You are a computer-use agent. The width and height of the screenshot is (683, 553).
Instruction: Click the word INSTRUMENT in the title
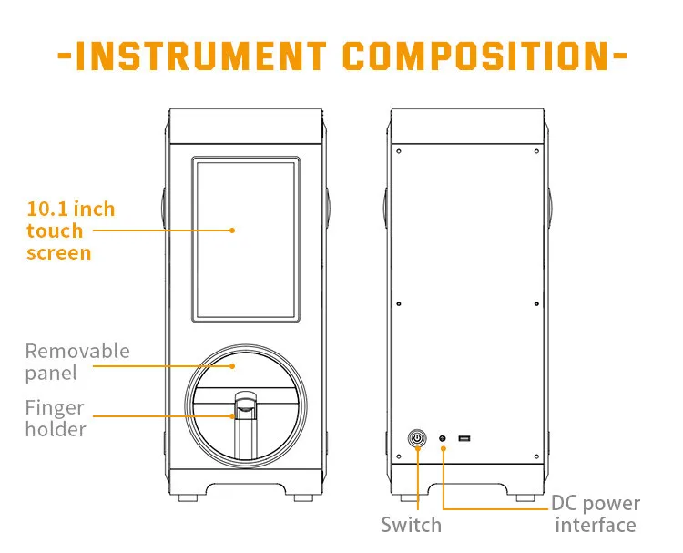click(x=199, y=56)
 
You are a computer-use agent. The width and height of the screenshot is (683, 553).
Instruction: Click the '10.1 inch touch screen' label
click(x=70, y=230)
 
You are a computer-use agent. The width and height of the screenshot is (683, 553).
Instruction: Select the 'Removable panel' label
click(x=76, y=362)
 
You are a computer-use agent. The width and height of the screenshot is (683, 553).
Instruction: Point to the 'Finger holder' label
click(x=55, y=418)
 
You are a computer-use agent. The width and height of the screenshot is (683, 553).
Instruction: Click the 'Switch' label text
click(x=411, y=525)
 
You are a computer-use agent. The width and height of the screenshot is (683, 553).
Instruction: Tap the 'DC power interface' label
click(x=596, y=514)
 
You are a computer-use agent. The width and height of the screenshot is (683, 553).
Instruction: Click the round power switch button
click(x=417, y=439)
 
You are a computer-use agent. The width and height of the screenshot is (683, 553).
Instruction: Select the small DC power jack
click(x=443, y=439)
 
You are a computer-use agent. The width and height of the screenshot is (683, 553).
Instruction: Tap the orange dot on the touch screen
click(x=233, y=230)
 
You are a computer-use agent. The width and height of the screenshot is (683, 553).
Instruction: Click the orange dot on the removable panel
click(x=233, y=364)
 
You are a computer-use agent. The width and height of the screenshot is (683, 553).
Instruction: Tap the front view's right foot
click(x=304, y=498)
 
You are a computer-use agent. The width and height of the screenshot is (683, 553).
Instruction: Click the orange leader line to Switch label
click(x=417, y=483)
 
